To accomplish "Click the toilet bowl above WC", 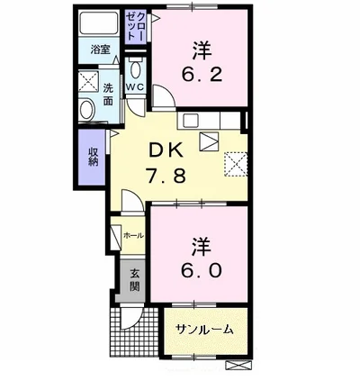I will coord(135,69).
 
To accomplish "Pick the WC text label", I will coord(135,87).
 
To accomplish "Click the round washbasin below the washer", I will coord(87,110).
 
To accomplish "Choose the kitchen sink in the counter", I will coord(191,120).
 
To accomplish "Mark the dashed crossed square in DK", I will coord(237,164).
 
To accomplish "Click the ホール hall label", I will coord(132,236).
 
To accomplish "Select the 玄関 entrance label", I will coord(134,279).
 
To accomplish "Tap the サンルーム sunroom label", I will coord(204,330).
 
